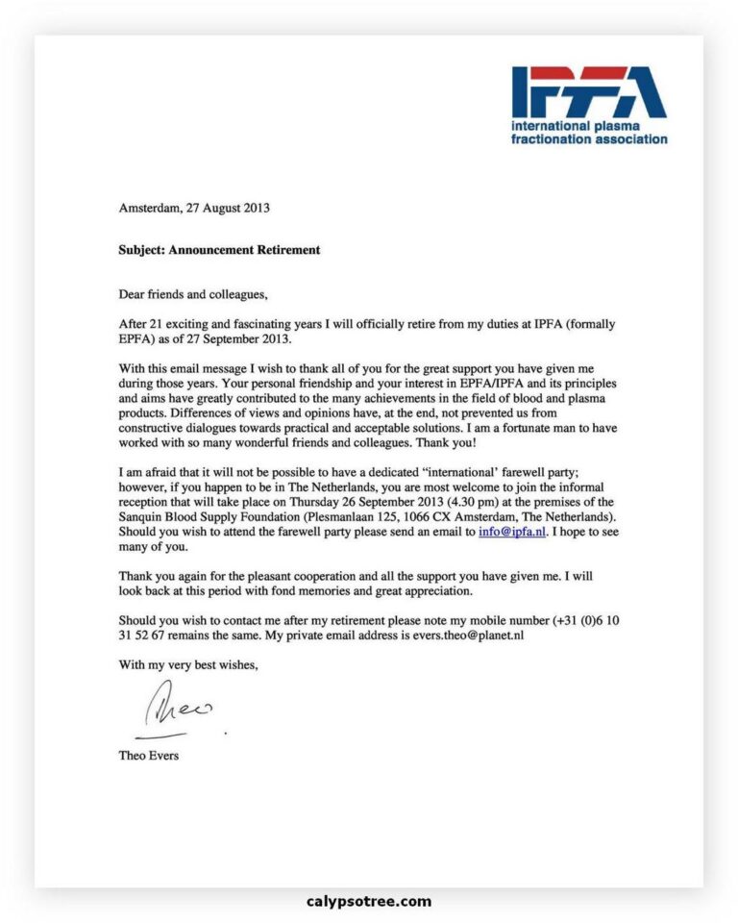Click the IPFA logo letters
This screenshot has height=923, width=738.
click(x=588, y=93)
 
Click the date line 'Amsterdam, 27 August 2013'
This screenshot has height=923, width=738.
click(x=194, y=207)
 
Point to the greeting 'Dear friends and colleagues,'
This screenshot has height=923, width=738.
click(x=192, y=292)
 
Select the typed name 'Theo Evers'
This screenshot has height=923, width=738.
click(x=148, y=755)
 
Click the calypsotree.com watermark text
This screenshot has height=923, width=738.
click(x=369, y=901)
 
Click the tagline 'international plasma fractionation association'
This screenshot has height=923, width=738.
click(x=588, y=132)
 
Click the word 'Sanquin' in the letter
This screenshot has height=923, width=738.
click(x=140, y=515)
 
